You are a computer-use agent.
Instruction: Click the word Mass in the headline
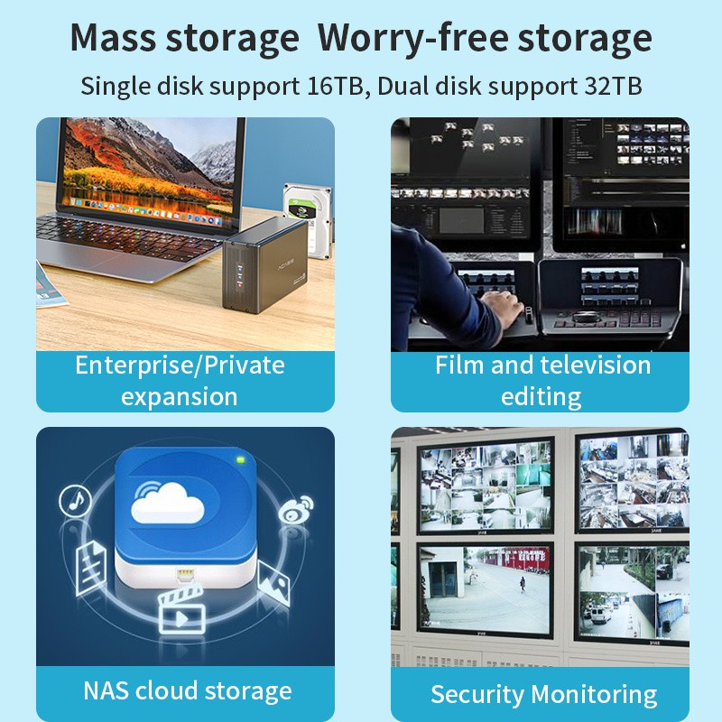[114, 38]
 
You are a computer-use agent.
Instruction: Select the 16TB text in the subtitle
[335, 86]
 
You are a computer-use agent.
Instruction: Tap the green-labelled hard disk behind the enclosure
[307, 217]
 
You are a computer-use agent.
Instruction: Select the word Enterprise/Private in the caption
[180, 366]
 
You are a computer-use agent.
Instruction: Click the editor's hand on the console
[502, 305]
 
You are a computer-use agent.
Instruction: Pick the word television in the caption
[596, 366]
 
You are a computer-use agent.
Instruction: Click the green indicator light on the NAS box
[240, 459]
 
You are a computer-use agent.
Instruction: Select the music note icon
[75, 501]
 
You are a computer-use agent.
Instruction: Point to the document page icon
[91, 569]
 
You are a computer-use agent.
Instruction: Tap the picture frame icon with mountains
[274, 582]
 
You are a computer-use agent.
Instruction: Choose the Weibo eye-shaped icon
[295, 510]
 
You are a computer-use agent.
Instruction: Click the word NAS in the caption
[106, 691]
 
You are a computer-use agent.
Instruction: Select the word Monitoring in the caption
[594, 695]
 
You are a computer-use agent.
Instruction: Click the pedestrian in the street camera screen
[523, 584]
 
